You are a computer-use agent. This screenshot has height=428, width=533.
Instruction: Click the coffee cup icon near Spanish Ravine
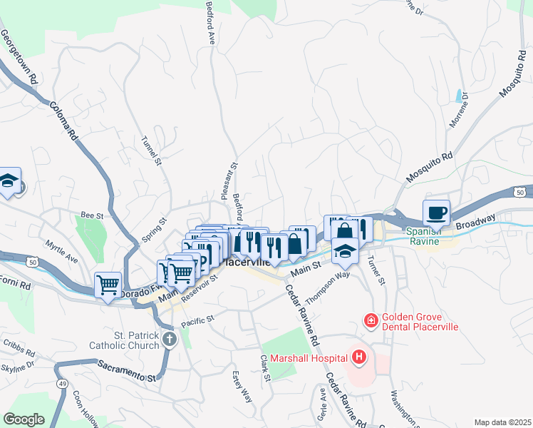(x=436, y=212)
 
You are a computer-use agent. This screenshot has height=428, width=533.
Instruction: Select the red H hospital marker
(x=359, y=357)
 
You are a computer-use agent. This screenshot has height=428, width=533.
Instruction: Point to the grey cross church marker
(x=169, y=339)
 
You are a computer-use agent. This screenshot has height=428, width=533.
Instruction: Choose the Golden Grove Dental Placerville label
(x=420, y=322)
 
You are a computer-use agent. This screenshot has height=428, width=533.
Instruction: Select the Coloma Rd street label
(x=63, y=123)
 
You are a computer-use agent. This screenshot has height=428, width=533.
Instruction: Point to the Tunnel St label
(x=152, y=151)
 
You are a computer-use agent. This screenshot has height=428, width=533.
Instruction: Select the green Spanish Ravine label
(x=425, y=236)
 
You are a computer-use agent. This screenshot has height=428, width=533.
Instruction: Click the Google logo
(x=24, y=419)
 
